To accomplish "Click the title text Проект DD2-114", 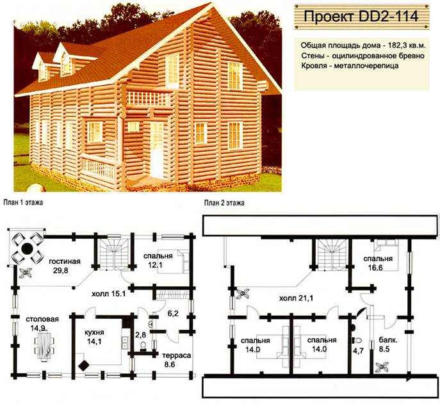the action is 361,16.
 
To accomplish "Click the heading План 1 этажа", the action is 23,202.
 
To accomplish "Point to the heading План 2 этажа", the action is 224,202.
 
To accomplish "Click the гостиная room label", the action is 65,261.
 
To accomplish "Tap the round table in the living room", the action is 27,248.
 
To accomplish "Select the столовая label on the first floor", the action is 42,319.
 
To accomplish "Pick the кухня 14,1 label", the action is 94,337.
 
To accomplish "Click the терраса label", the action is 177,355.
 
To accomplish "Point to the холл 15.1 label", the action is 108,294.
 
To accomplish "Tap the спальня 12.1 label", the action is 158,260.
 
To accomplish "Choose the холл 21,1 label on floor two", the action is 296,298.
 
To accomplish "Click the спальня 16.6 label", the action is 378,263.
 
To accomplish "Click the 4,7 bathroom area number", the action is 359,350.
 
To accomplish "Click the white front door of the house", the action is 156,150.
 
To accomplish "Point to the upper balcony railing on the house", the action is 149,98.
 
